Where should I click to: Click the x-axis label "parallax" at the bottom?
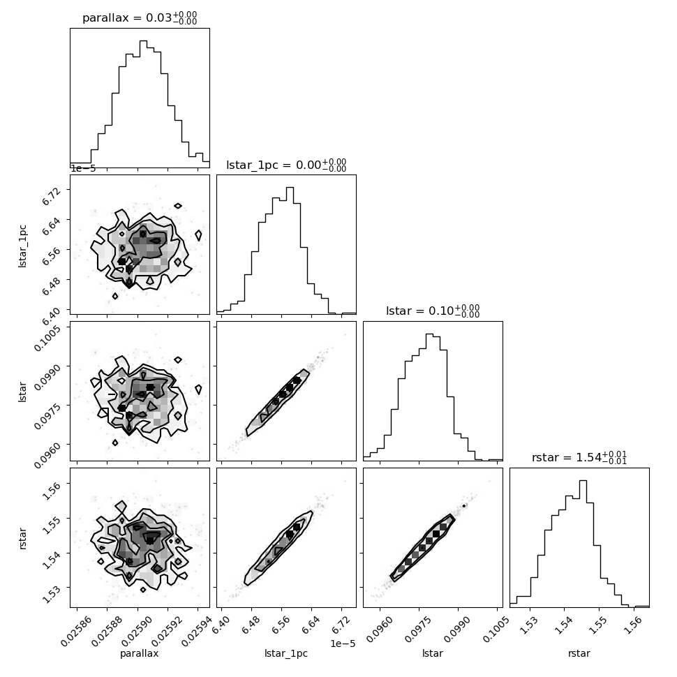(140, 653)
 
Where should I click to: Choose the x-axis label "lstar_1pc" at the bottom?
(286, 653)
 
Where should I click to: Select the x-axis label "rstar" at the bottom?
(579, 653)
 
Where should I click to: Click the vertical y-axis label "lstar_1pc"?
(22, 246)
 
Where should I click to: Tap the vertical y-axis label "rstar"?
(22, 538)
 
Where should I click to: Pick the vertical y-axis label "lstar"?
(22, 392)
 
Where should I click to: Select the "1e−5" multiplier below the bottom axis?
(343, 643)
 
